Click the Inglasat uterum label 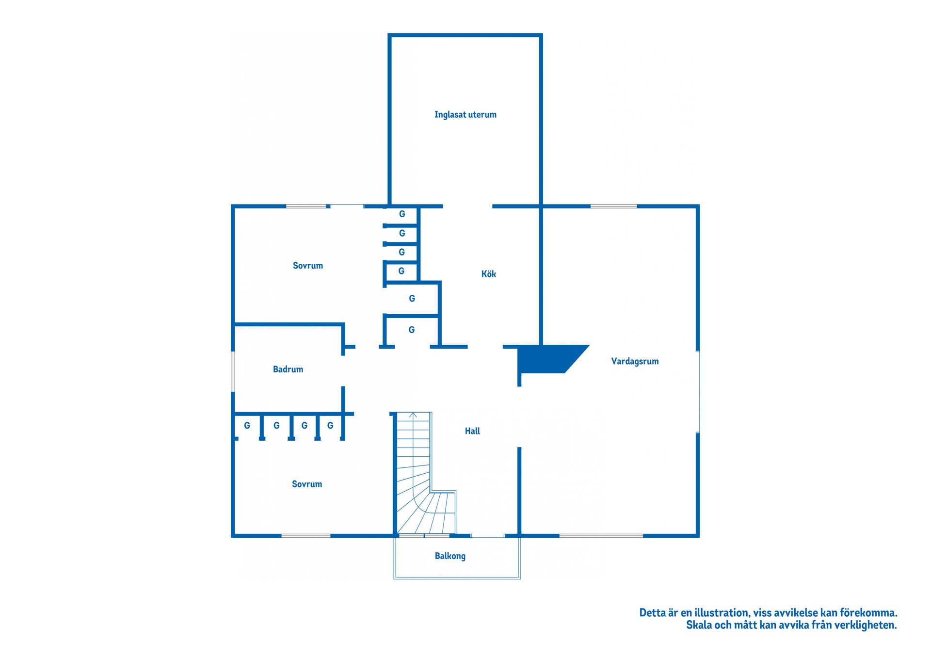[x=465, y=115]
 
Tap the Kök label [x=488, y=274]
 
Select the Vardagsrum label [x=635, y=361]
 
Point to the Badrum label [x=288, y=369]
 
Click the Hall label [x=472, y=431]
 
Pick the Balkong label [x=450, y=556]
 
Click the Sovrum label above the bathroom [x=307, y=266]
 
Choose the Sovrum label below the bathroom [x=306, y=484]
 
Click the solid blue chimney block [x=548, y=359]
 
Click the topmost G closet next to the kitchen [x=402, y=214]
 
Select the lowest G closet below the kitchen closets [x=412, y=330]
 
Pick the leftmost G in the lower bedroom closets [x=247, y=426]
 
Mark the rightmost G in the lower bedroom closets [x=330, y=426]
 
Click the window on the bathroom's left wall [x=233, y=371]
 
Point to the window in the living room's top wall [x=613, y=207]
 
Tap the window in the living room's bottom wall [x=601, y=536]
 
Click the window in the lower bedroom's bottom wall [x=306, y=536]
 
